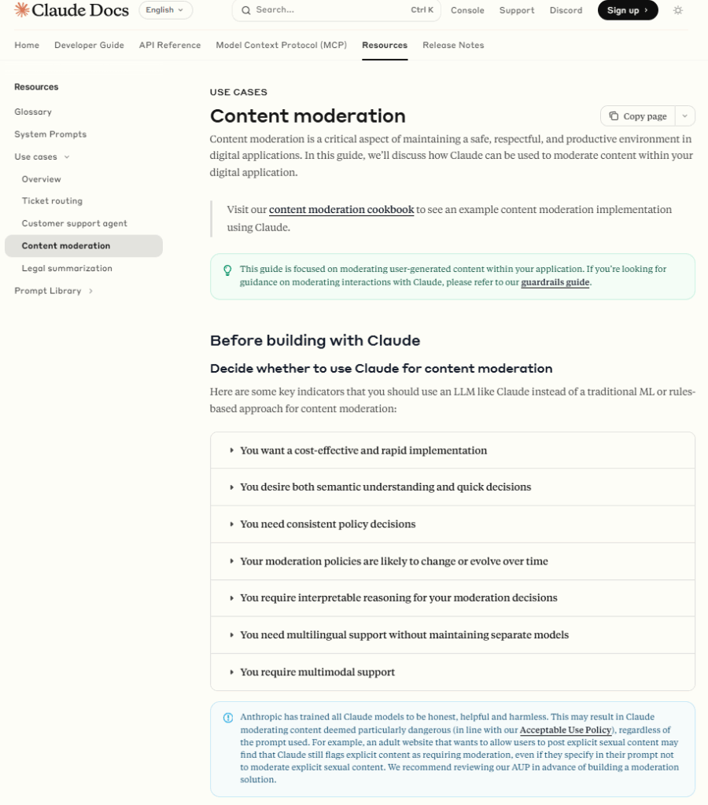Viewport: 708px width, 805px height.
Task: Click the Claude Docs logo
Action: pos(71,10)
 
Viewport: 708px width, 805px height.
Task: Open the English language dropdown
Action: pos(165,10)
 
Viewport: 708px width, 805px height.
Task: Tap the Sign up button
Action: pos(627,10)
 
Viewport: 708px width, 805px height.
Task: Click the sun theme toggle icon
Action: pos(678,10)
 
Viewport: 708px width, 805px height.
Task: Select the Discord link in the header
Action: pos(566,10)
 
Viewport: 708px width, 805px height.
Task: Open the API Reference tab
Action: pos(170,45)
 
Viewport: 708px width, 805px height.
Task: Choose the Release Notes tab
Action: pos(453,45)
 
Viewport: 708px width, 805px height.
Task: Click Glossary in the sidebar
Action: pos(33,112)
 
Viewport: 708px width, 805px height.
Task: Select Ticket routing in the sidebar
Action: pos(52,201)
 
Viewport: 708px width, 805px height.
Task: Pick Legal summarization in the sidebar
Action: pos(67,268)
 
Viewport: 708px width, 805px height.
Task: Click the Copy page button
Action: pos(638,116)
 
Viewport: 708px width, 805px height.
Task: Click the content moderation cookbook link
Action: pos(341,210)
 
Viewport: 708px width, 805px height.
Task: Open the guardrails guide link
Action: pos(555,282)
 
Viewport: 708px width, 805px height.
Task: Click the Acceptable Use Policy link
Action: pos(565,730)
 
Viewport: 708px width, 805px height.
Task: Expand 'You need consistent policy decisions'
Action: pos(327,524)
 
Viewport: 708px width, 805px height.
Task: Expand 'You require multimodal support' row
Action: pos(317,672)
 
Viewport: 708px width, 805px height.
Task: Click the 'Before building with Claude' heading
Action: pos(315,340)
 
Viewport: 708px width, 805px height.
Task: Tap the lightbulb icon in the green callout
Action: pos(227,270)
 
